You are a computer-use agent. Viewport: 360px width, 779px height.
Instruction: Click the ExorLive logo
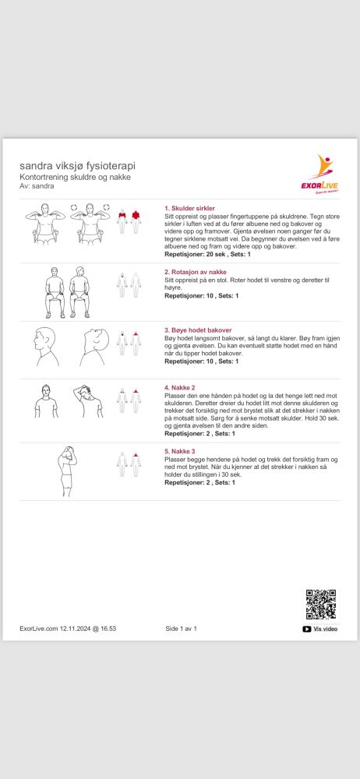(x=321, y=174)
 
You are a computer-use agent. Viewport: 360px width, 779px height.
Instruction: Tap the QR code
(x=321, y=605)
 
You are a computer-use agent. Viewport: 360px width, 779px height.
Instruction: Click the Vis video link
(x=326, y=629)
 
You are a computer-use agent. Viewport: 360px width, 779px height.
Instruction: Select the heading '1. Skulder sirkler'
(x=189, y=208)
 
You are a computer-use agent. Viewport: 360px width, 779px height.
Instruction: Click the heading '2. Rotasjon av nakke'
(x=196, y=272)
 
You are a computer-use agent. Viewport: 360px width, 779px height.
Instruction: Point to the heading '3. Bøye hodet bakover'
(x=198, y=330)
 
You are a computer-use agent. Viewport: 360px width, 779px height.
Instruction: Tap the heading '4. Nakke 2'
(x=180, y=387)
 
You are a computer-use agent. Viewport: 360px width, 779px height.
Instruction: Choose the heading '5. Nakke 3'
(x=180, y=451)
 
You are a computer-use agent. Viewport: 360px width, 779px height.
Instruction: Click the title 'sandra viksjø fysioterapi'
(x=77, y=165)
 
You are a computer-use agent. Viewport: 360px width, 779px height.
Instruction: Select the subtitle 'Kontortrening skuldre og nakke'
(x=75, y=177)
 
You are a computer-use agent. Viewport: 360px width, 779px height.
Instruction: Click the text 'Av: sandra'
(x=37, y=186)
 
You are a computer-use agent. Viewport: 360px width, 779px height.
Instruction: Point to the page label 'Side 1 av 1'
(x=181, y=629)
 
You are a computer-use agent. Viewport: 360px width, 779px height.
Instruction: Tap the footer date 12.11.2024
(x=75, y=629)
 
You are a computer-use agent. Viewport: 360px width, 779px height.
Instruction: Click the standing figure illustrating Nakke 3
(x=68, y=471)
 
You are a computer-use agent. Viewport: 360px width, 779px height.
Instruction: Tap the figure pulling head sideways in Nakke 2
(x=88, y=401)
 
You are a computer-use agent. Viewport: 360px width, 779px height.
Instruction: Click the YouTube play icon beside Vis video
(x=307, y=629)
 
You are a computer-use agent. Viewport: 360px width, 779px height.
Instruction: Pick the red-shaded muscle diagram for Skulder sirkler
(x=129, y=221)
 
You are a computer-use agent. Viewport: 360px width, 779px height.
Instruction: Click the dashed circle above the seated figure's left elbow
(x=74, y=207)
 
